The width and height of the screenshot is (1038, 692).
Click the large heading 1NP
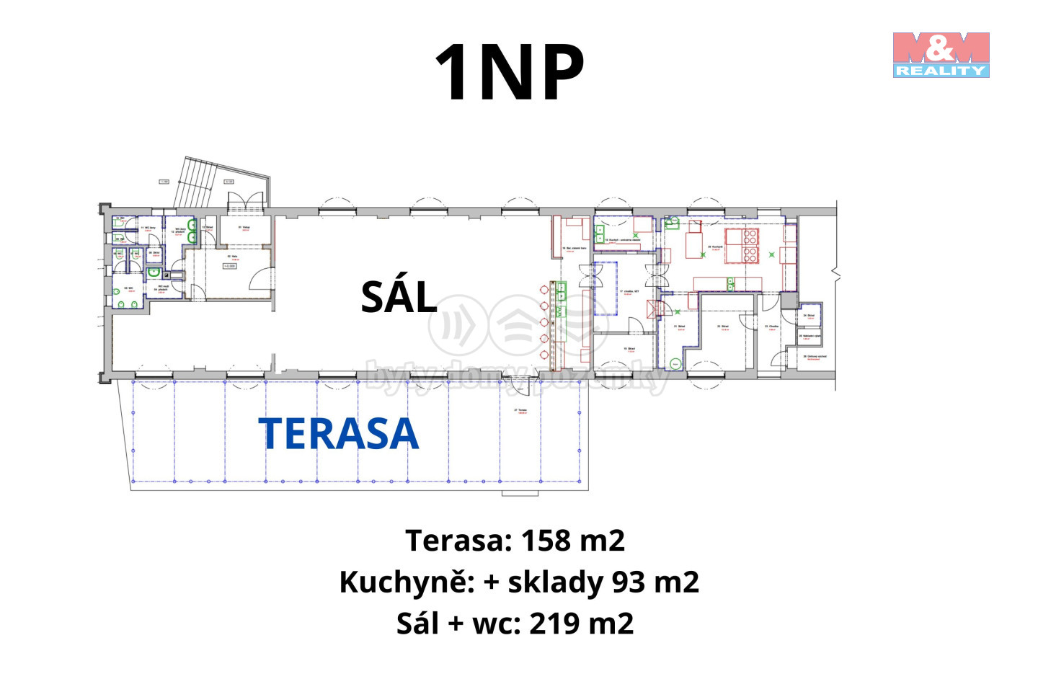coord(509,73)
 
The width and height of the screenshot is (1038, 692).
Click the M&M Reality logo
coord(941,54)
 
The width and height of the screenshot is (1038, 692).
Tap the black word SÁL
coord(399,296)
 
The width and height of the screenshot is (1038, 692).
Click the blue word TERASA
coord(339,433)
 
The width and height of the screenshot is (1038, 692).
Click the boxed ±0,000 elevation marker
coord(228,266)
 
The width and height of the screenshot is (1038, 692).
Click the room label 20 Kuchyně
coord(715,247)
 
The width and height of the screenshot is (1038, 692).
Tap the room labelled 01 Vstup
coord(244,229)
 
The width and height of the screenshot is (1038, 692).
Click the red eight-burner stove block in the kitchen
coord(742,245)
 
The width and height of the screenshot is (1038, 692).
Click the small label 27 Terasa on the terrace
coord(520,411)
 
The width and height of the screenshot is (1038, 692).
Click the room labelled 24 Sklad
coord(809,316)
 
